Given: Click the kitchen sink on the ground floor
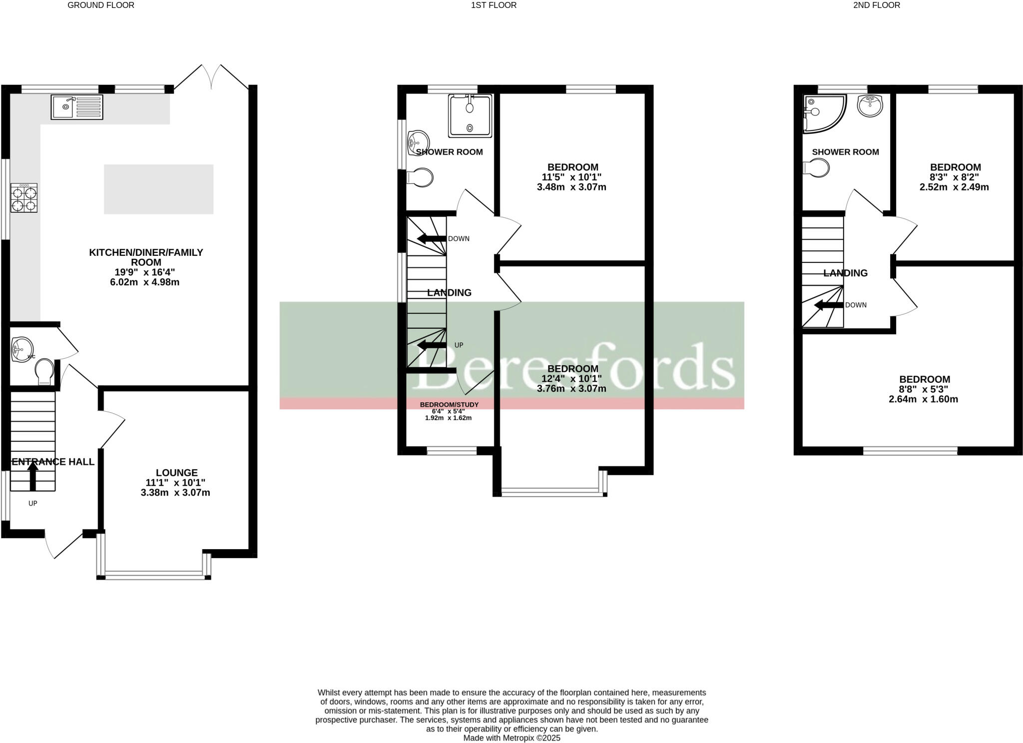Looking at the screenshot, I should [77, 107].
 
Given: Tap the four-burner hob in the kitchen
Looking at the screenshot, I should [24, 198].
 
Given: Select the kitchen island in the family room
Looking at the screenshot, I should [158, 189].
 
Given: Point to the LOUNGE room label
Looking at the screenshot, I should [176, 473].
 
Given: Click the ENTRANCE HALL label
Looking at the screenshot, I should [53, 462].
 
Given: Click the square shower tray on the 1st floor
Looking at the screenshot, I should [470, 115].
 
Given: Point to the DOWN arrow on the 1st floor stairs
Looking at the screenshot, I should [432, 238].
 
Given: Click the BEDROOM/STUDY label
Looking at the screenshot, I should [449, 404].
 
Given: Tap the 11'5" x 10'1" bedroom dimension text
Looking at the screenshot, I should [572, 177].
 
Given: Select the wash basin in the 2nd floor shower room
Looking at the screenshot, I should [870, 105].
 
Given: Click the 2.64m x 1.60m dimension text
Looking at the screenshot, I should [923, 399].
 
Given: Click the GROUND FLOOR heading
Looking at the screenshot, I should [101, 5].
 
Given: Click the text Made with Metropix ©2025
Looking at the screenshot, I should [511, 738].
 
